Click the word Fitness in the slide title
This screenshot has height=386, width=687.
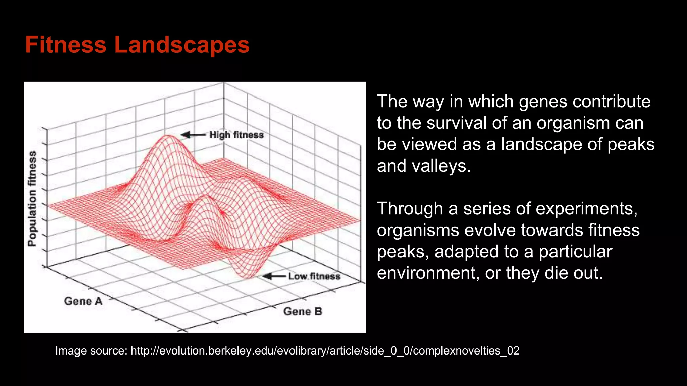(65, 45)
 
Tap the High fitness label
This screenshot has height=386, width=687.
(236, 135)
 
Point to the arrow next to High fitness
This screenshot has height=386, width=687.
(193, 135)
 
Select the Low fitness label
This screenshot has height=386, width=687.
(314, 276)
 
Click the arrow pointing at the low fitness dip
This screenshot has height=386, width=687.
(274, 276)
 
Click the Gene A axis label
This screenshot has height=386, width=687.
(83, 301)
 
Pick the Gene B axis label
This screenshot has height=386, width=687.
(303, 311)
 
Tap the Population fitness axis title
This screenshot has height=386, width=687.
(32, 199)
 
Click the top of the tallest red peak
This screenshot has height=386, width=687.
(167, 136)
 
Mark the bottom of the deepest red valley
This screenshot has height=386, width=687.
(248, 277)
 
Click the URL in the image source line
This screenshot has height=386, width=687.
(325, 351)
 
